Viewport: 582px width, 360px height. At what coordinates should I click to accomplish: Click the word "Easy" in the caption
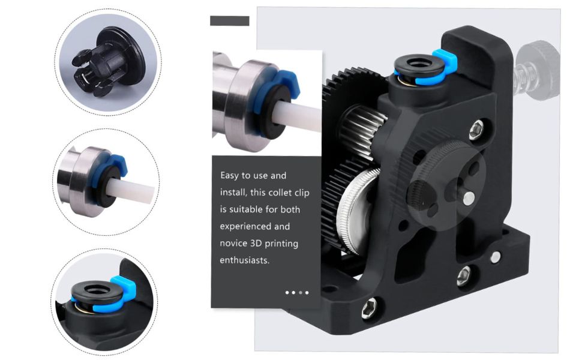pyautogui.click(x=230, y=176)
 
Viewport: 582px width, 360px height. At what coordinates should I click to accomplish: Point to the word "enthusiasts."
pyautogui.click(x=245, y=260)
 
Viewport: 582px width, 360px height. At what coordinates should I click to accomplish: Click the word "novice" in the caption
pyautogui.click(x=233, y=244)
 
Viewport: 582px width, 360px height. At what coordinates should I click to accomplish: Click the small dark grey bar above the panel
pyautogui.click(x=229, y=21)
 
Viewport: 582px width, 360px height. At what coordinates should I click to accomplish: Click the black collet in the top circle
pyautogui.click(x=107, y=62)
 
